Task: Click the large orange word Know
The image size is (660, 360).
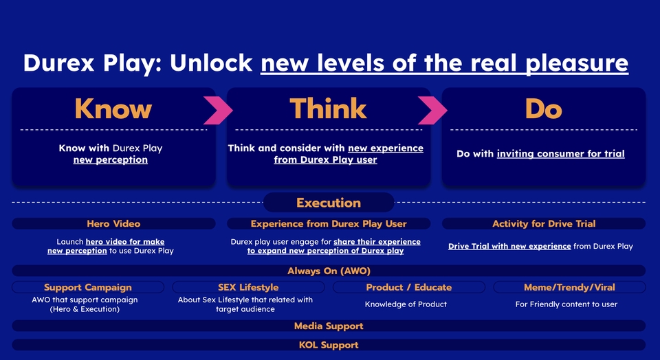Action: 113,109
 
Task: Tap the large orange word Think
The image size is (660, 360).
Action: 328,109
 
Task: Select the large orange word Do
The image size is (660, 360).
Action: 543,109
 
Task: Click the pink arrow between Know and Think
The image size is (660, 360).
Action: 219,109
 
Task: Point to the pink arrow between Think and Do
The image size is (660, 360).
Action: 433,109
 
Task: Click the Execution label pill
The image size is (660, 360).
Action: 329,203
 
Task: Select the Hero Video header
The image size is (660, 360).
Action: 113,223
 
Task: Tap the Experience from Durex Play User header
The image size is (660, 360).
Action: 329,223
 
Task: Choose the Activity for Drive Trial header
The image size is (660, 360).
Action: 544,223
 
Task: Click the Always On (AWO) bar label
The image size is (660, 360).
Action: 329,271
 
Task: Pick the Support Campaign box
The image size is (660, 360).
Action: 88,287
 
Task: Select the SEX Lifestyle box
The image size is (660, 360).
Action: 248,287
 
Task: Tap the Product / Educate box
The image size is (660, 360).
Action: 409,287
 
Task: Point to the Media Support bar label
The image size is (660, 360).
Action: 329,326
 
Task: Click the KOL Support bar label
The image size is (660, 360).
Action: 329,345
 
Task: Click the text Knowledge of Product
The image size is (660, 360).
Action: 406,304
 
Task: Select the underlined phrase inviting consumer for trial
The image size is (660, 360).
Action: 560,154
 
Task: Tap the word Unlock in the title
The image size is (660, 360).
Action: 211,63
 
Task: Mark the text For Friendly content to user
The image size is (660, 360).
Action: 566,304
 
